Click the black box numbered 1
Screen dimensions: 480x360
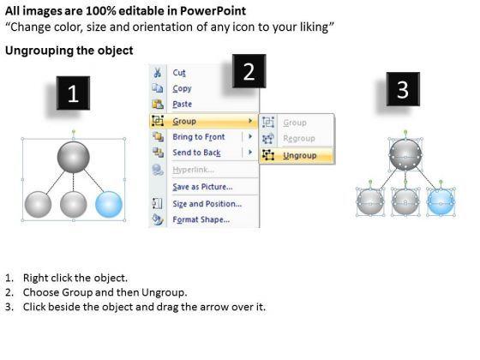tap(73, 93)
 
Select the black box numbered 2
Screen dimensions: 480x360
tap(249, 71)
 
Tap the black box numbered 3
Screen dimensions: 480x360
tap(403, 89)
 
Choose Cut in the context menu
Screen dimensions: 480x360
tap(179, 73)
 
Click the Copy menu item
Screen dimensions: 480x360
tap(182, 89)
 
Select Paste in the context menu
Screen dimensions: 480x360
tap(182, 105)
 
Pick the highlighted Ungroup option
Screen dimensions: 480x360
tap(300, 155)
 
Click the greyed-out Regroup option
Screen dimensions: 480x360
tap(299, 139)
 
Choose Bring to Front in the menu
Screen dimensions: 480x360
tap(199, 137)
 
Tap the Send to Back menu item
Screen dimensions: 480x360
tap(196, 153)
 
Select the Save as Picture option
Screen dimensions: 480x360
tap(202, 187)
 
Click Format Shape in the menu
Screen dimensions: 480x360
tap(201, 219)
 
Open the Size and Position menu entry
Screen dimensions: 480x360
tap(207, 204)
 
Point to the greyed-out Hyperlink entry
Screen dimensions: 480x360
tap(194, 170)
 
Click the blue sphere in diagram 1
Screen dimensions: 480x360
tap(109, 204)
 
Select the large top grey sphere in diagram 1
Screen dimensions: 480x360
tap(74, 157)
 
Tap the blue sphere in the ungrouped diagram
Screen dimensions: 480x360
tap(441, 201)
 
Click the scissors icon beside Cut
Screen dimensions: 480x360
tap(158, 73)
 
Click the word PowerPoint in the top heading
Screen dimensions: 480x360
tap(213, 11)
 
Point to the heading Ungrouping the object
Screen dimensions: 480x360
tap(69, 51)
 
